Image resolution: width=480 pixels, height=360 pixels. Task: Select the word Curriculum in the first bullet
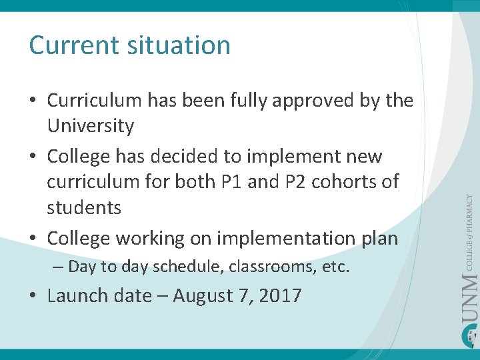tap(94, 101)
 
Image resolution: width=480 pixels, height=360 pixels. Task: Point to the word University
tap(90, 126)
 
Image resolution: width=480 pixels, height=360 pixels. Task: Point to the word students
tap(84, 207)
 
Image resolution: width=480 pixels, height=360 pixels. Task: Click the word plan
tap(379, 238)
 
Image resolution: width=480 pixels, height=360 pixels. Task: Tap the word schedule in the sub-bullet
tap(188, 267)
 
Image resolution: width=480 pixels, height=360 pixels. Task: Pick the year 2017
tap(280, 295)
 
